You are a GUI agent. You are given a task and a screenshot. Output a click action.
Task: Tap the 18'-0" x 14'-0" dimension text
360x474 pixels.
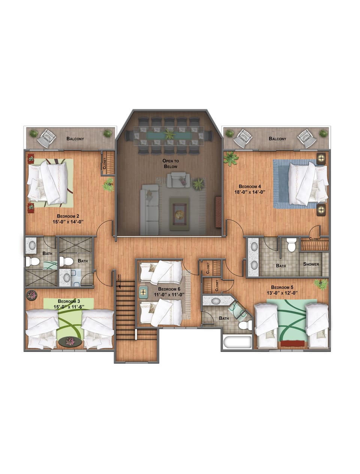click(247, 192)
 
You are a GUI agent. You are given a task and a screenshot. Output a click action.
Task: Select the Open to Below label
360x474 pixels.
click(170, 163)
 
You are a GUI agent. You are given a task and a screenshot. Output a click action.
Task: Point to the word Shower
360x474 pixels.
click(311, 264)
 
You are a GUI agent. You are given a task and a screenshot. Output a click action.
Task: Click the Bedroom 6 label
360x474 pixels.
click(169, 289)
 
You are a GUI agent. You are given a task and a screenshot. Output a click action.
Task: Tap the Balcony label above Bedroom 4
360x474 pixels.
click(277, 139)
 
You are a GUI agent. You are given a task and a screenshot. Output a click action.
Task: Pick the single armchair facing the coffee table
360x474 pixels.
click(178, 180)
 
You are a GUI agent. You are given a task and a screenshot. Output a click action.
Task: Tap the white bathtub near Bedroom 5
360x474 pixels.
click(237, 342)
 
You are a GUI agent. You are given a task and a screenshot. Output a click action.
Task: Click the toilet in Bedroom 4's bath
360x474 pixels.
click(291, 246)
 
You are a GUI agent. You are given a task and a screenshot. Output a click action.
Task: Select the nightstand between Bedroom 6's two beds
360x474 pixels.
click(144, 292)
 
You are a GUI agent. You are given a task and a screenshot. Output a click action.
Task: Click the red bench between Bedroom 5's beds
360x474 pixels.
click(292, 343)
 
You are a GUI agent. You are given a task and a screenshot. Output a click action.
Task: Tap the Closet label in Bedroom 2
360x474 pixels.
click(105, 163)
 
